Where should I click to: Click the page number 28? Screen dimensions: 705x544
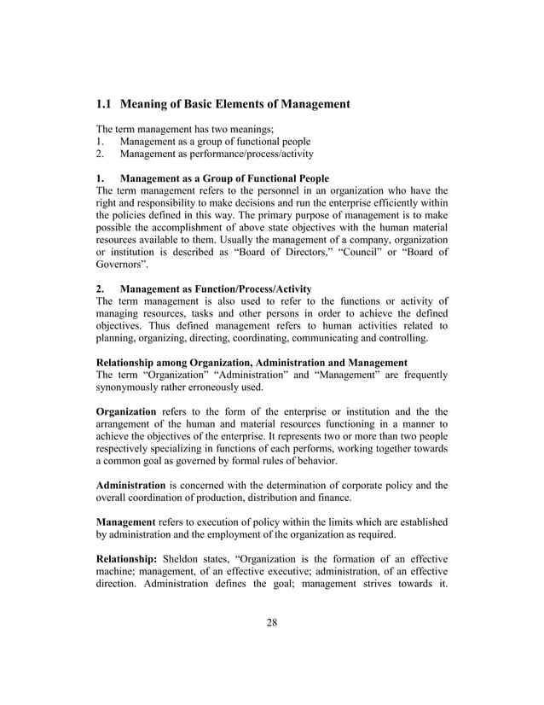271,621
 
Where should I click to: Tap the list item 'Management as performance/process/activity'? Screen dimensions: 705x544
217,154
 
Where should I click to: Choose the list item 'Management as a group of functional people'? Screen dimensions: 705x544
215,141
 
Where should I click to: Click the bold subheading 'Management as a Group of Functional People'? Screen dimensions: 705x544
224,178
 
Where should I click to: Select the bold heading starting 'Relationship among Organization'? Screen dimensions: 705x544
252,363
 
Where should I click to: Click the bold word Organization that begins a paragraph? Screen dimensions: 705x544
126,411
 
